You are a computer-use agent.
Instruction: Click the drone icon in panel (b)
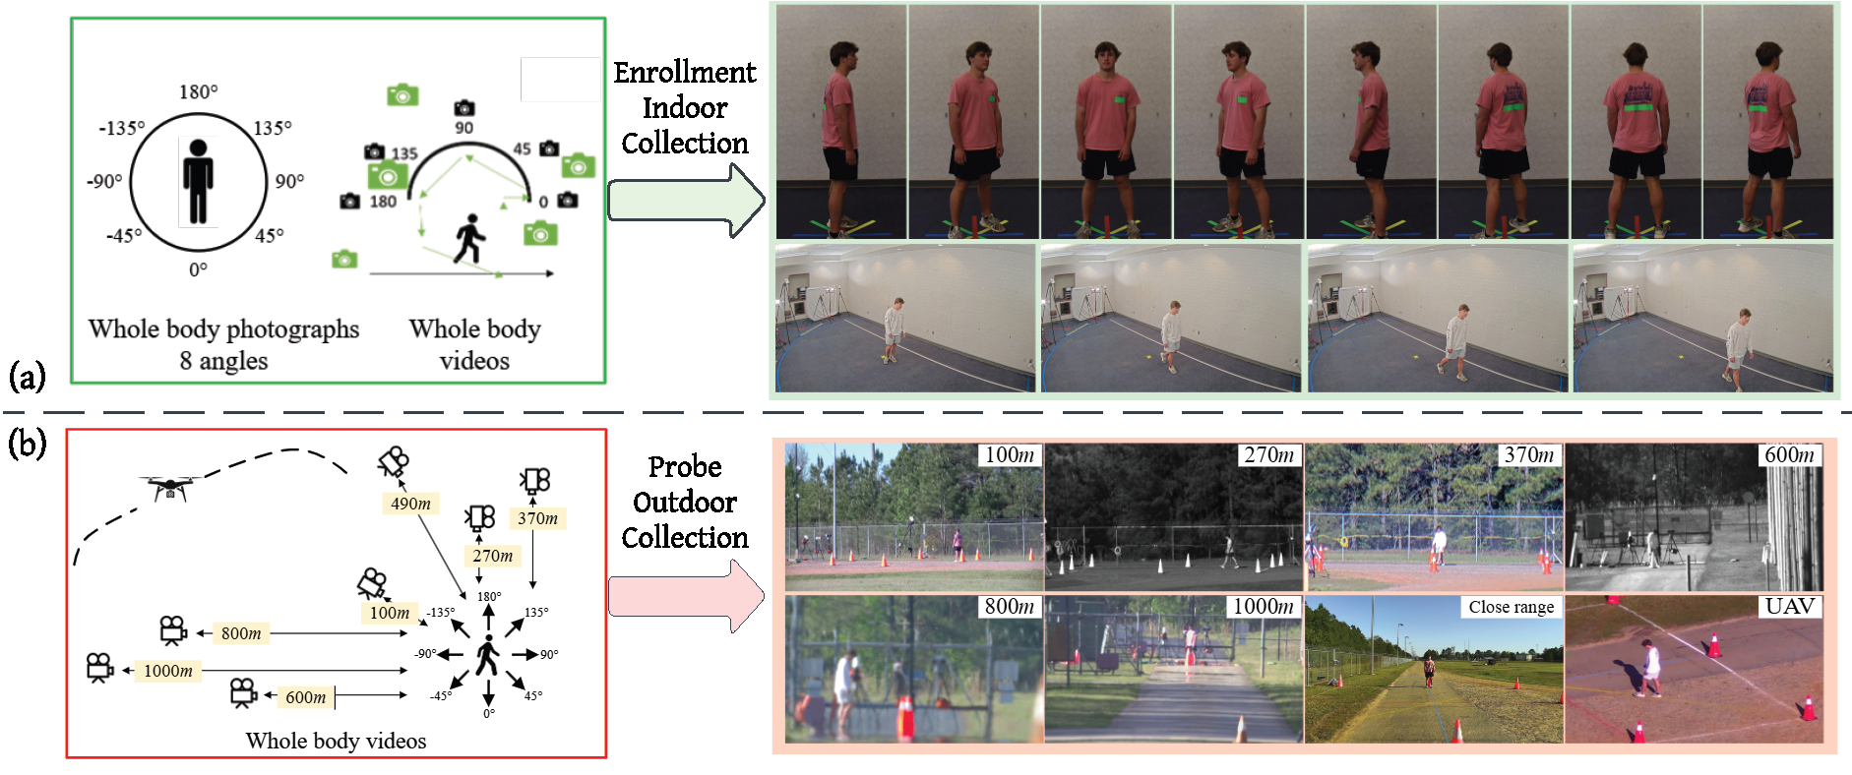point(170,486)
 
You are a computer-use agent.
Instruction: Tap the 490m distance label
point(410,504)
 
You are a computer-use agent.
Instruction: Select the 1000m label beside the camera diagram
point(168,671)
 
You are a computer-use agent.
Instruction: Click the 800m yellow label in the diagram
point(241,633)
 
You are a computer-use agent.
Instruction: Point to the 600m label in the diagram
point(305,697)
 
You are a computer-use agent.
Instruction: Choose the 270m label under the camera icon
point(492,556)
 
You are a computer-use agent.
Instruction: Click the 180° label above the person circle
point(198,92)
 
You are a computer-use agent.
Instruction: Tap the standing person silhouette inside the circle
point(199,182)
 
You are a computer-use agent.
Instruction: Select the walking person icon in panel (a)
point(469,239)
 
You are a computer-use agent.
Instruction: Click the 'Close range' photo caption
point(1511,607)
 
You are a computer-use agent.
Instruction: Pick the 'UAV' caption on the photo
point(1789,606)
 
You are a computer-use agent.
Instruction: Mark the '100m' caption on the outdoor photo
point(1009,454)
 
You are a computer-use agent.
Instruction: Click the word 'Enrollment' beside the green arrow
point(685,73)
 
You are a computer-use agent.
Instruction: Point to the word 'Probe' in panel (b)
point(685,467)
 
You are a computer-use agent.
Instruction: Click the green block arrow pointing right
point(685,201)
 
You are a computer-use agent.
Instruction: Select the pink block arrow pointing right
point(685,596)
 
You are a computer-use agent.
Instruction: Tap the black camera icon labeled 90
point(464,108)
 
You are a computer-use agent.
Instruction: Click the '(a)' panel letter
point(27,376)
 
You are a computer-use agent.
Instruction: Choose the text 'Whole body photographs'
point(223,329)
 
